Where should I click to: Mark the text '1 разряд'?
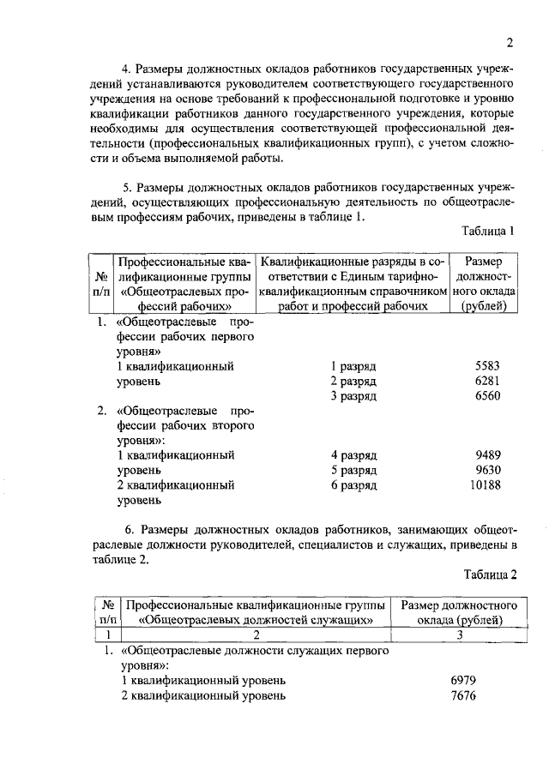354,365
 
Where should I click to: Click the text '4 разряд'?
354,455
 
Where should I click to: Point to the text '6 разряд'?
354,485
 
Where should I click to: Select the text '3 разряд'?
354,395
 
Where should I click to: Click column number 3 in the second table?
461,635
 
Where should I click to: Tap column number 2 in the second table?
256,635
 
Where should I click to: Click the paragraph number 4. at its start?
124,69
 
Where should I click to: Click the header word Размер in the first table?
485,262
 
